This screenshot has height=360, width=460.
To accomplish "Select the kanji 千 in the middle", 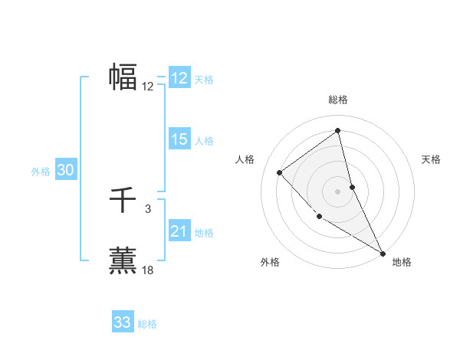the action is [x=123, y=201].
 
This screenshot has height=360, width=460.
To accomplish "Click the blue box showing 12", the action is [x=179, y=78].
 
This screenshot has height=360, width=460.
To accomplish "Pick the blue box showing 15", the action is [x=179, y=139].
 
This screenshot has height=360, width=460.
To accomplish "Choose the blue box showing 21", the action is [x=179, y=231].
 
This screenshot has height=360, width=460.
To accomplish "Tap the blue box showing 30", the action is [x=66, y=171].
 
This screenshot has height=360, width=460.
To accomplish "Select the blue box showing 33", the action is [x=123, y=322].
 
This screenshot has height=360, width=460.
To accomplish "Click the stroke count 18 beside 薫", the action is [x=148, y=270].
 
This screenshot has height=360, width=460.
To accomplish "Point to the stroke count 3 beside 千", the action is [x=148, y=208].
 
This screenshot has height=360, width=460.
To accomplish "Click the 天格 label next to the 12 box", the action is [x=204, y=80].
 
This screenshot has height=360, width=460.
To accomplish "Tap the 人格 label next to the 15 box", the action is [x=204, y=141].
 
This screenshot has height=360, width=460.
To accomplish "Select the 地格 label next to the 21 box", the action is [x=204, y=233].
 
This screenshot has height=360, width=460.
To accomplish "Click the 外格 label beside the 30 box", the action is [x=41, y=172].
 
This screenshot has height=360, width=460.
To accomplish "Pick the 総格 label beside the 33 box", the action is [x=147, y=324].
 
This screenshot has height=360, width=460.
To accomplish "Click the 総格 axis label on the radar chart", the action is [x=338, y=100].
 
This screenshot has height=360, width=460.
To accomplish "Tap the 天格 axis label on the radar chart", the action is [x=431, y=159].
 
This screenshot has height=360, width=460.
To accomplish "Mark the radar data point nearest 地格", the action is [x=383, y=253].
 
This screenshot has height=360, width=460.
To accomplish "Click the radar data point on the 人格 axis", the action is [x=280, y=172].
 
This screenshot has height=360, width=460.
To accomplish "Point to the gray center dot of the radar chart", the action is [x=338, y=191].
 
